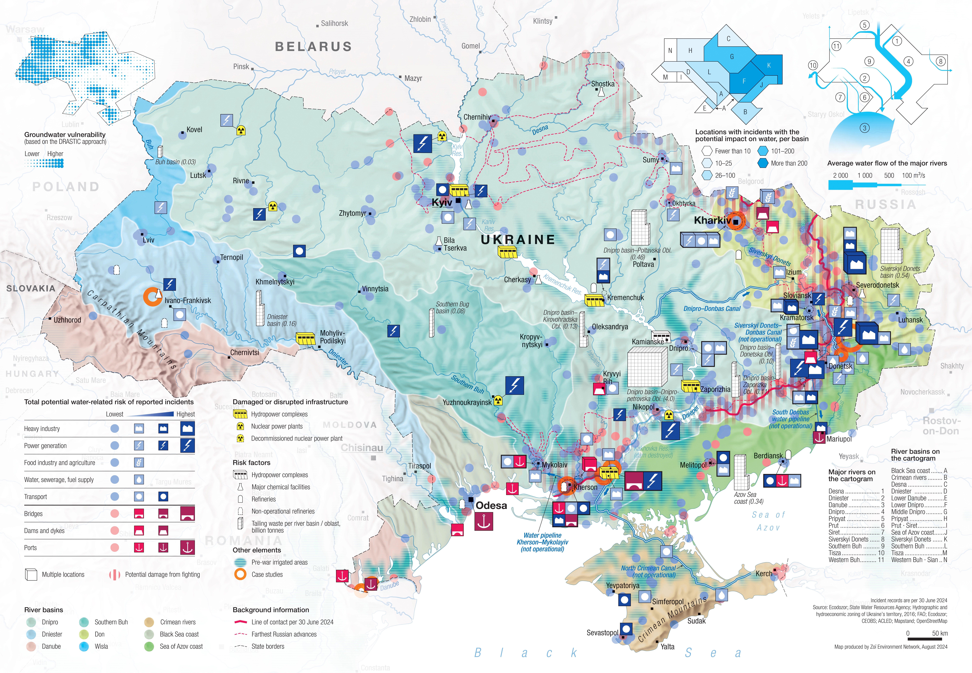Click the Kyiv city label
click(441, 203)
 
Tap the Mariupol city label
click(839, 439)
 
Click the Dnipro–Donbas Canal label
click(712, 309)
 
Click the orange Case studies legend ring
click(240, 574)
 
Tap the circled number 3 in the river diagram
click(865, 128)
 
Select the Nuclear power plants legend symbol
click(240, 426)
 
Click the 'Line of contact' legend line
click(240, 622)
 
